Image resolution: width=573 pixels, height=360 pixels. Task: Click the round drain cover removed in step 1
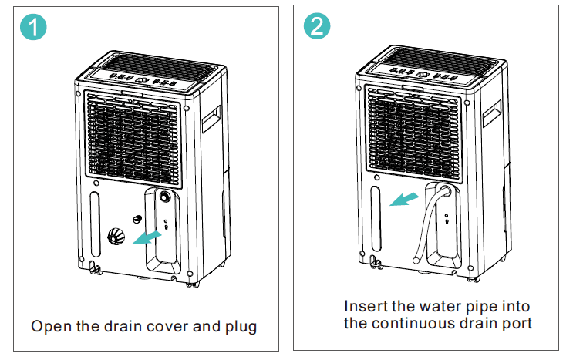[x=117, y=236]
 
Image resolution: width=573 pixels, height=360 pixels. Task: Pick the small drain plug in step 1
[x=137, y=220]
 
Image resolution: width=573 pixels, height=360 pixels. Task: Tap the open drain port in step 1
[x=165, y=197]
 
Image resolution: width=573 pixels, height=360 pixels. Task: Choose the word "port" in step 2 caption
[x=517, y=323]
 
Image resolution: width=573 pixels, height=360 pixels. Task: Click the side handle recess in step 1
[x=209, y=120]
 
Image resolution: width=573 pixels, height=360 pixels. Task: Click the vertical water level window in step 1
[x=95, y=224]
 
